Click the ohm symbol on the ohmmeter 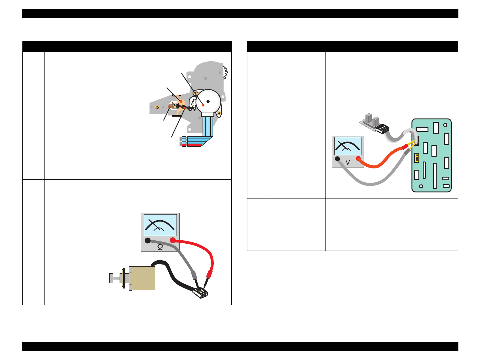click(x=160, y=247)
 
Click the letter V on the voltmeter click(x=348, y=163)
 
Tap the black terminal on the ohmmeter click(x=147, y=241)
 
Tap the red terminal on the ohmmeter click(x=173, y=240)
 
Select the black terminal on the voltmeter click(x=337, y=158)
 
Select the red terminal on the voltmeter click(x=358, y=158)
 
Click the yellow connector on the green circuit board click(x=416, y=158)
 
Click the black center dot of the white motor click(x=208, y=101)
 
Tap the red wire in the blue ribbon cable click(x=194, y=145)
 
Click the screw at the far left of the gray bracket click(x=157, y=107)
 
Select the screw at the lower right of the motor click(x=219, y=113)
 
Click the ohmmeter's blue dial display click(x=160, y=225)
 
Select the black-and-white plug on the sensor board click(x=382, y=128)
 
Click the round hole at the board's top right click(x=445, y=125)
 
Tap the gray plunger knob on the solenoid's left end click(x=111, y=278)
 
